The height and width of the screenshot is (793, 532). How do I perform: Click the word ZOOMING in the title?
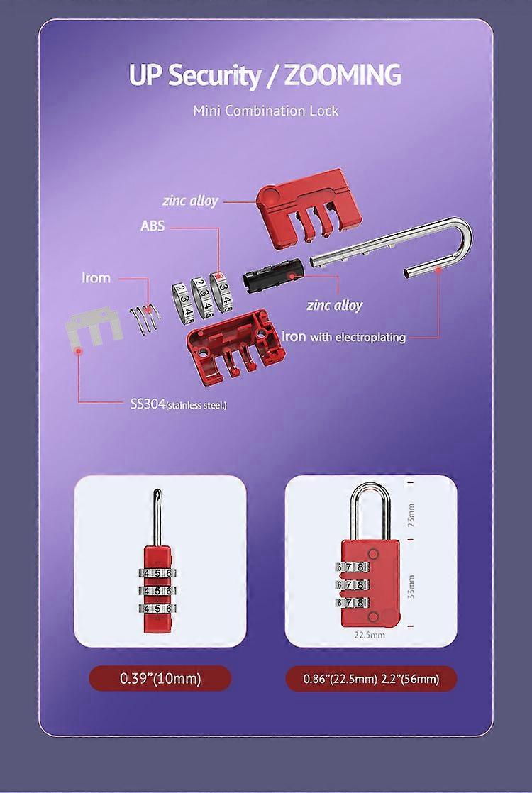(x=342, y=75)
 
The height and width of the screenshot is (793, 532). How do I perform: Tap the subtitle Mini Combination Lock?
(x=266, y=111)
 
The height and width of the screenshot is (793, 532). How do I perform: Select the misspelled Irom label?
(x=96, y=277)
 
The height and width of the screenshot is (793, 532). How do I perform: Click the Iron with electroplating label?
(x=344, y=337)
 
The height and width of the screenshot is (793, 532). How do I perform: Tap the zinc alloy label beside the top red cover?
(x=190, y=201)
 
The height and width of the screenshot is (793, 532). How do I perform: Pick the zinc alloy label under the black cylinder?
(x=334, y=305)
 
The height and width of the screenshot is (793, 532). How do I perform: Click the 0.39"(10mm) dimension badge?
(x=160, y=678)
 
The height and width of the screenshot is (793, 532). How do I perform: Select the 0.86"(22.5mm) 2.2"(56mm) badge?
(x=371, y=679)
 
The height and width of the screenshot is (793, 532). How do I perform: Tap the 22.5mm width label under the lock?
(x=370, y=636)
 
